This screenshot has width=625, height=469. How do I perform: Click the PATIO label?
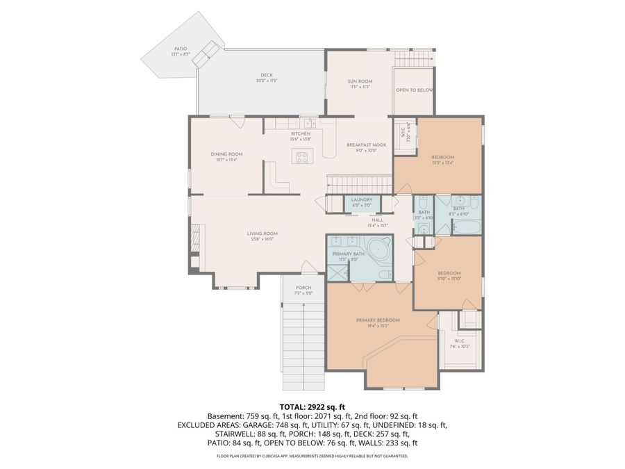coord(180,49)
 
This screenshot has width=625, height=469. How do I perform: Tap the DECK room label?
coord(266,75)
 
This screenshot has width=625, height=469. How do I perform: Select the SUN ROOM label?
coord(360,81)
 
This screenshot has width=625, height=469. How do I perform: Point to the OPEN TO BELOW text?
coord(415,90)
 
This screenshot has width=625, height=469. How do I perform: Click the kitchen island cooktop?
coord(303,157)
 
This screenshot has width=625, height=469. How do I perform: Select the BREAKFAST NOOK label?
coord(366,145)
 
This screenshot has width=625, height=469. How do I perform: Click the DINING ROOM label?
coord(226,154)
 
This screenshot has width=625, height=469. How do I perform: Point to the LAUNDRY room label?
coord(362,200)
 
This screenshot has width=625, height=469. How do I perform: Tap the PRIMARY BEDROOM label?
coord(378,320)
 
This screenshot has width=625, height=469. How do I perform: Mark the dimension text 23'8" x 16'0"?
coord(262,239)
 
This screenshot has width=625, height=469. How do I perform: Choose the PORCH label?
coord(303,288)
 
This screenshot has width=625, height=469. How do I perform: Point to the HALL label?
coord(378,220)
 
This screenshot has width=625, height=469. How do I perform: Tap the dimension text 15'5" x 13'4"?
coord(442,163)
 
